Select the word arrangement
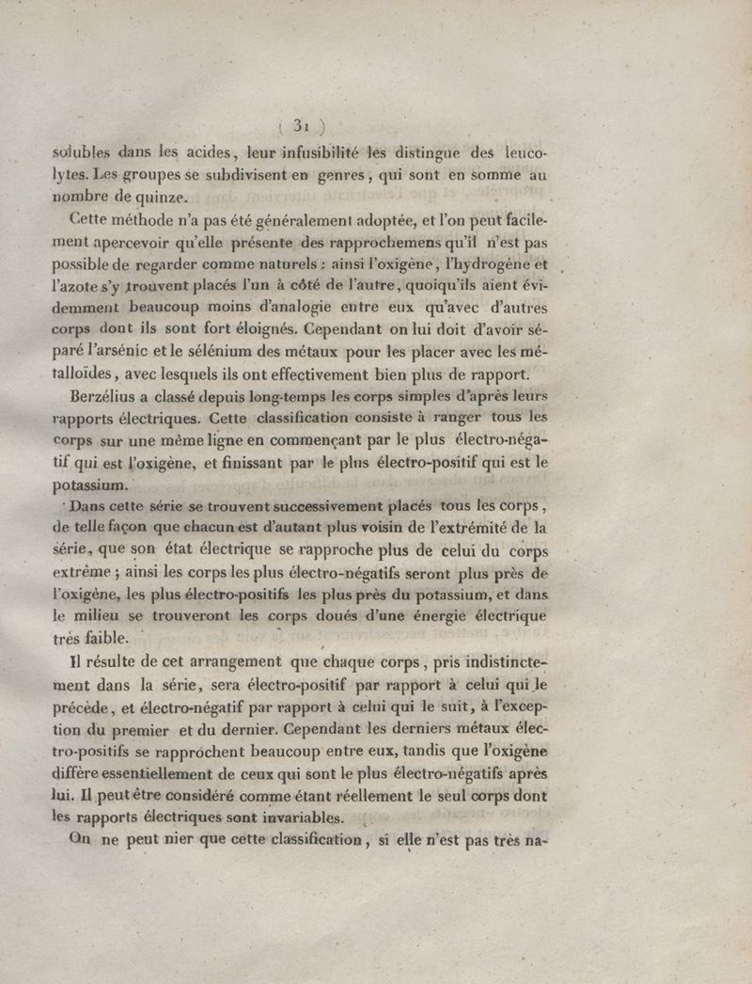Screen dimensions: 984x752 226,663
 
